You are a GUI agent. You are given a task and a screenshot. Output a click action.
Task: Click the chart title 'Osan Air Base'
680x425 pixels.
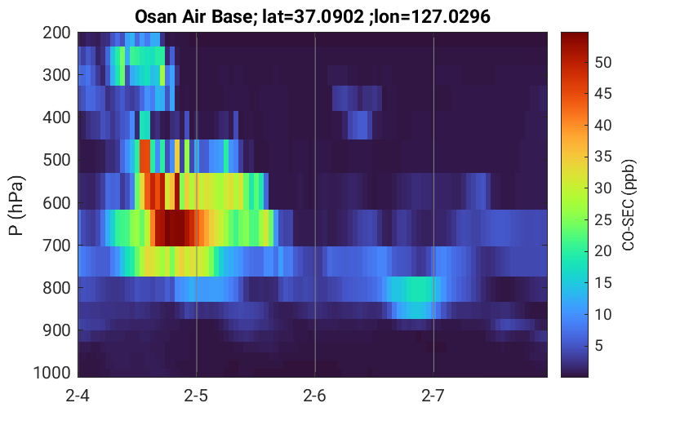click(193, 16)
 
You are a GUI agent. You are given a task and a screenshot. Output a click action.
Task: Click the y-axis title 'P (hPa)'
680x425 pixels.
click(16, 206)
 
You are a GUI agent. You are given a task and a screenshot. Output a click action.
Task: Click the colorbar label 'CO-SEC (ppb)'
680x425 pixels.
click(629, 205)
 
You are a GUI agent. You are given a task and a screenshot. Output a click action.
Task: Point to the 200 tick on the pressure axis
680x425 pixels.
click(57, 33)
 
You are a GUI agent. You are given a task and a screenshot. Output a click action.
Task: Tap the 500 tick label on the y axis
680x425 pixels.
click(57, 160)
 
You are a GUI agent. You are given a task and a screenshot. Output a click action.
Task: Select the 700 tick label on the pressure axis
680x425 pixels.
click(57, 246)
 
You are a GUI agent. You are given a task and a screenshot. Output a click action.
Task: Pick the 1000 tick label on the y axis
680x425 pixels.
click(52, 373)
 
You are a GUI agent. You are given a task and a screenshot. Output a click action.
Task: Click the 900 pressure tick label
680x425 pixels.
click(57, 330)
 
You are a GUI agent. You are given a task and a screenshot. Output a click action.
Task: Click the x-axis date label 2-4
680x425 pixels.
click(78, 396)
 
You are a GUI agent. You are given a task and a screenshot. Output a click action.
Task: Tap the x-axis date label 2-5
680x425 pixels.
click(196, 396)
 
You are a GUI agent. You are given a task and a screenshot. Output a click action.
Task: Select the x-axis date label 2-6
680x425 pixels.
click(314, 396)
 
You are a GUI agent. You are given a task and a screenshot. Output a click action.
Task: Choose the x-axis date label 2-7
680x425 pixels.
click(433, 396)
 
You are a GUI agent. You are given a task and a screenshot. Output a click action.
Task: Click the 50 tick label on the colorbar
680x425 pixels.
click(602, 62)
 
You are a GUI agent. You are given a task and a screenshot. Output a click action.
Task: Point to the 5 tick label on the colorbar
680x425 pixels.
click(599, 345)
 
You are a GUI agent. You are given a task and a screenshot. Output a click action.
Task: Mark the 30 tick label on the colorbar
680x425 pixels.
click(602, 188)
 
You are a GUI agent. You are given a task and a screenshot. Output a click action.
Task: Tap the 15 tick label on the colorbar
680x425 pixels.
click(602, 282)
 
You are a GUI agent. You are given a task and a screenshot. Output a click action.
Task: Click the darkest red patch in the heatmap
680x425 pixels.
click(172, 228)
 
